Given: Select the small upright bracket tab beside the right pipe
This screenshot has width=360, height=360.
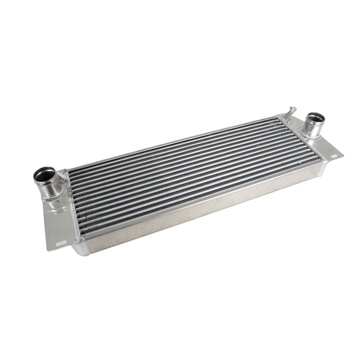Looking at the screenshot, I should (292, 113).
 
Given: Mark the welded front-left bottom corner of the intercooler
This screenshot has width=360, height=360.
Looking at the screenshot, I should (81, 247).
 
